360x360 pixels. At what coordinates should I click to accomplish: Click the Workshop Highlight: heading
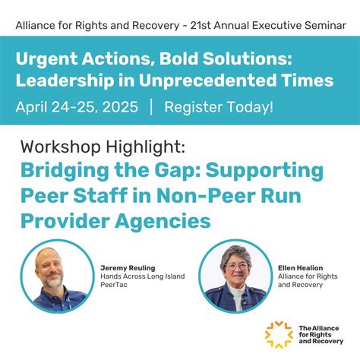pos(103,144)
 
